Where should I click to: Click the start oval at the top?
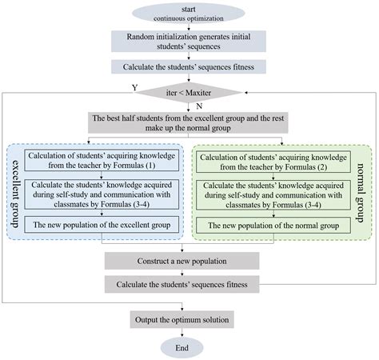pyautogui.click(x=189, y=12)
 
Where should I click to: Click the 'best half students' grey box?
pyautogui.click(x=189, y=125)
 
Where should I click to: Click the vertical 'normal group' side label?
pyautogui.click(x=365, y=189)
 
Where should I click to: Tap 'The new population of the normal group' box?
pyautogui.click(x=277, y=226)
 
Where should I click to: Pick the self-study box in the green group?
pyautogui.click(x=277, y=194)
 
